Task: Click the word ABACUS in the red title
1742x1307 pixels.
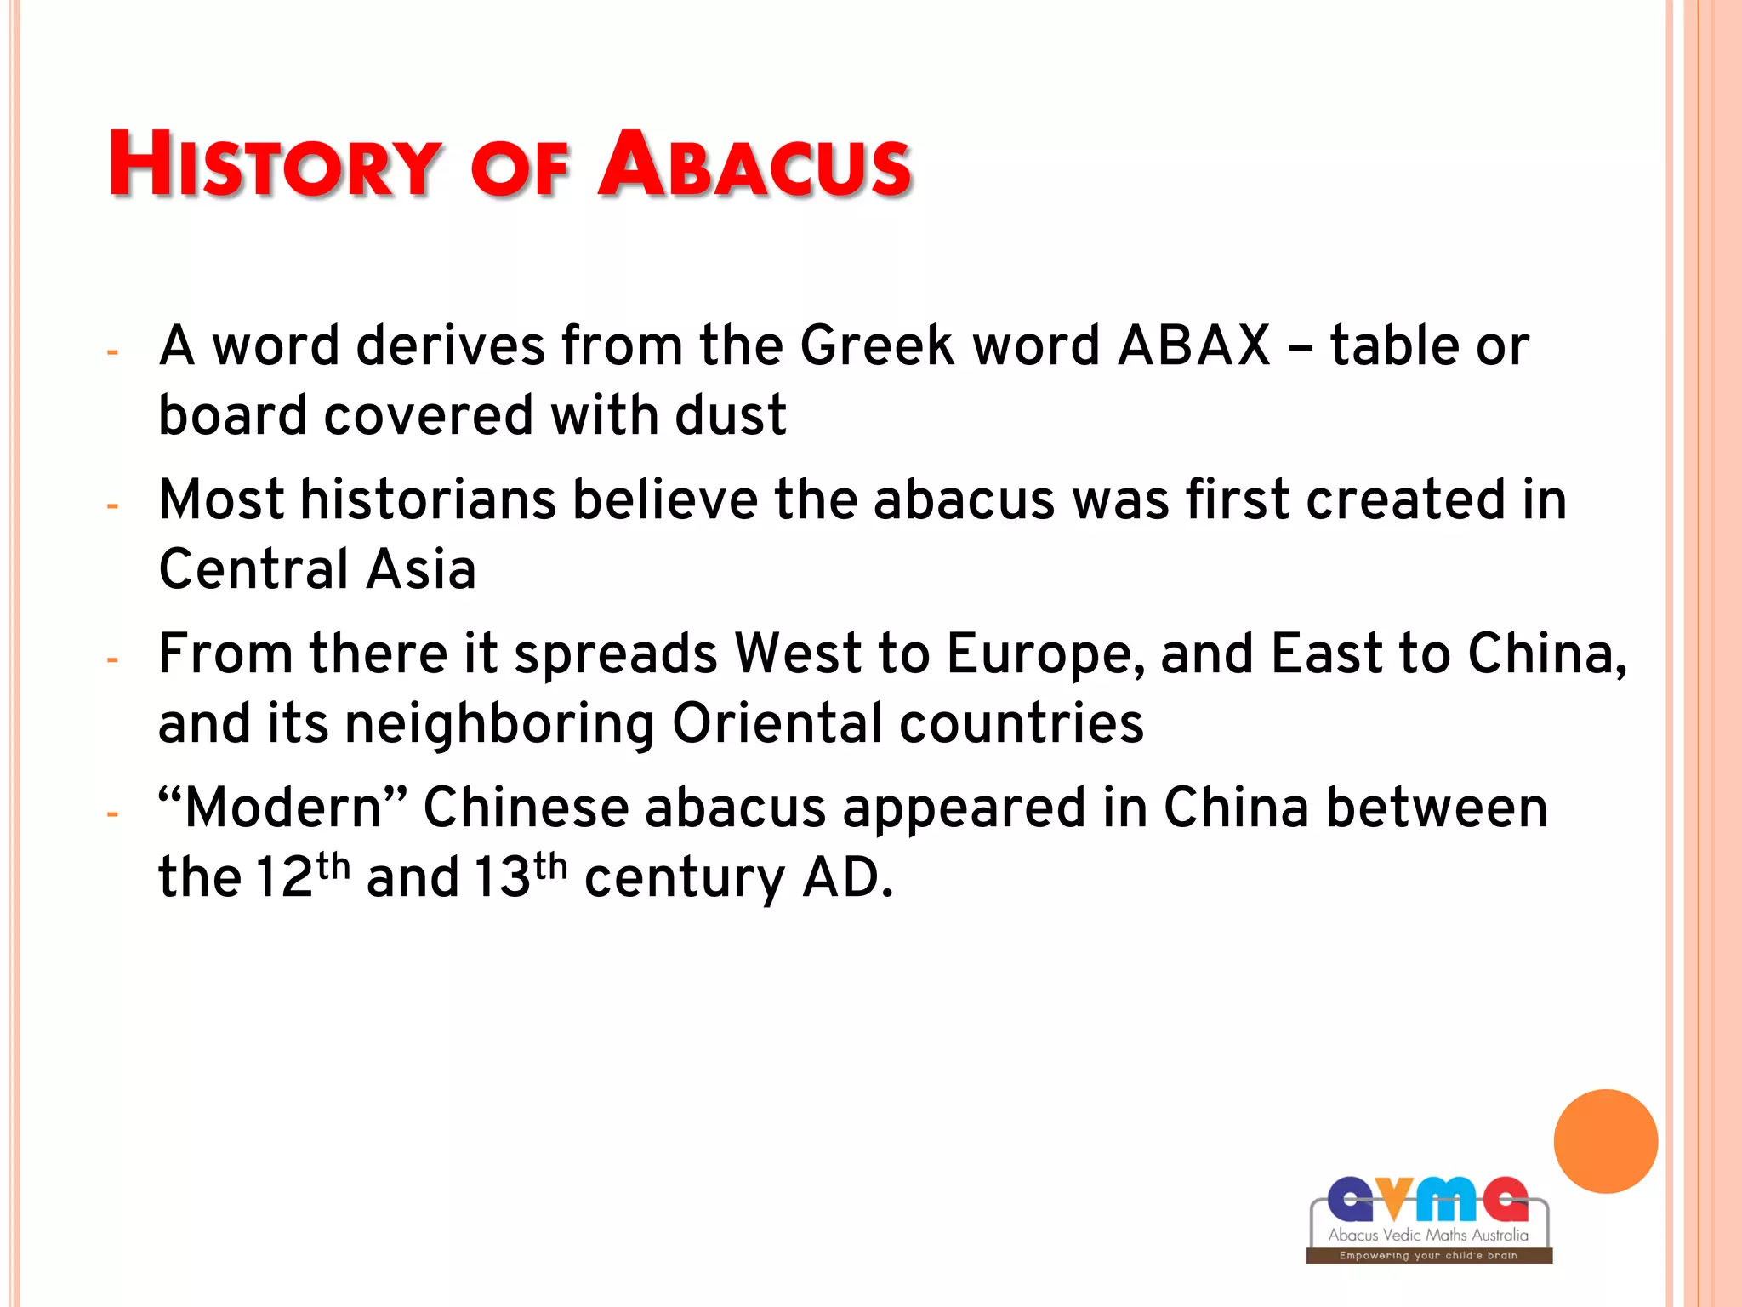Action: pyautogui.click(x=754, y=164)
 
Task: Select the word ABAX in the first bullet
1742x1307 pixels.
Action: pyautogui.click(x=1193, y=346)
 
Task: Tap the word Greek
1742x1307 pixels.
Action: pyautogui.click(x=877, y=346)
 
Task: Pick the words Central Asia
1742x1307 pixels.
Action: pyautogui.click(x=317, y=569)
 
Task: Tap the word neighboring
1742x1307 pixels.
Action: pyautogui.click(x=499, y=725)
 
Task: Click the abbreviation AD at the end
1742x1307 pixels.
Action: pyautogui.click(x=845, y=878)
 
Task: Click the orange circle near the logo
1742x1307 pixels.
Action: pyautogui.click(x=1605, y=1141)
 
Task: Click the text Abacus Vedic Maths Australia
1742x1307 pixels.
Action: pyautogui.click(x=1428, y=1235)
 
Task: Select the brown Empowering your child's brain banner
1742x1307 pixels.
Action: pyautogui.click(x=1428, y=1255)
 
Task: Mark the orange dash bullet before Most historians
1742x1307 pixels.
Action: pyautogui.click(x=112, y=506)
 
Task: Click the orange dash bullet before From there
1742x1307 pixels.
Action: pyautogui.click(x=112, y=660)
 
